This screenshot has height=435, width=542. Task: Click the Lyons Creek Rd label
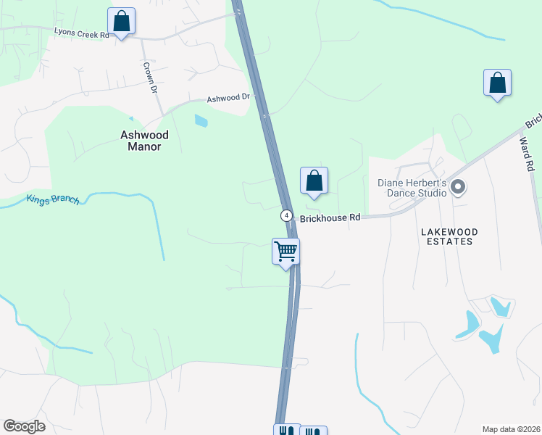pyautogui.click(x=81, y=33)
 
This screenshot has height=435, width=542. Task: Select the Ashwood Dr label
pyautogui.click(x=228, y=98)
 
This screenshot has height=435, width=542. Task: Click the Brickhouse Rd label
pyautogui.click(x=330, y=217)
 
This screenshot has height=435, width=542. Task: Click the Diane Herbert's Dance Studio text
pyautogui.click(x=411, y=188)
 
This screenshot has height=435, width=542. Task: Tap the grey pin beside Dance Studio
pyautogui.click(x=457, y=188)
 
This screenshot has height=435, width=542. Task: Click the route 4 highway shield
pyautogui.click(x=287, y=216)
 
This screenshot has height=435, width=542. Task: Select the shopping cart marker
pyautogui.click(x=286, y=252)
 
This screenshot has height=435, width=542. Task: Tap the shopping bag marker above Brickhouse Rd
pyautogui.click(x=314, y=181)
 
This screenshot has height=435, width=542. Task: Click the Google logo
pyautogui.click(x=24, y=426)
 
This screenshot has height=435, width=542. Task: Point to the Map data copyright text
pyautogui.click(x=511, y=429)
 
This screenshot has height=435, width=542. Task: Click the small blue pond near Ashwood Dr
pyautogui.click(x=201, y=121)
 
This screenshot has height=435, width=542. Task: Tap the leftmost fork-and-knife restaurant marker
pyautogui.click(x=286, y=431)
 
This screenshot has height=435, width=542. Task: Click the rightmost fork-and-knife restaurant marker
pyautogui.click(x=313, y=431)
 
